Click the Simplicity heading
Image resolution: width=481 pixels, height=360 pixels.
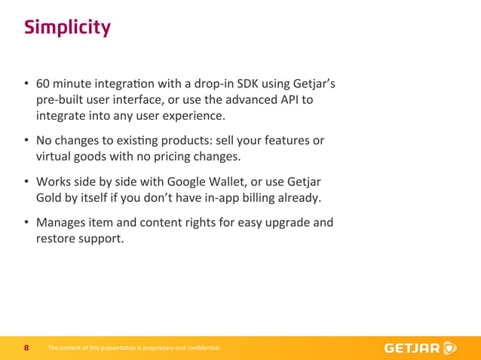pos(67,28)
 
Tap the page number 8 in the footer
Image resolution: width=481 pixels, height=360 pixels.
pos(26,348)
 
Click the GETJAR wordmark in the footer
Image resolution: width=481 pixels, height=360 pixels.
pos(412,348)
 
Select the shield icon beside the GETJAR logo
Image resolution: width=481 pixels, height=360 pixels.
pos(450,348)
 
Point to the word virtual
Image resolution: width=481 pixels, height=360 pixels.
pos(55,157)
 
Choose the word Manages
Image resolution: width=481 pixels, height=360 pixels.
pos(63,223)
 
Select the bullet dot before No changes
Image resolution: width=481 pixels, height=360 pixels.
pos(26,141)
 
